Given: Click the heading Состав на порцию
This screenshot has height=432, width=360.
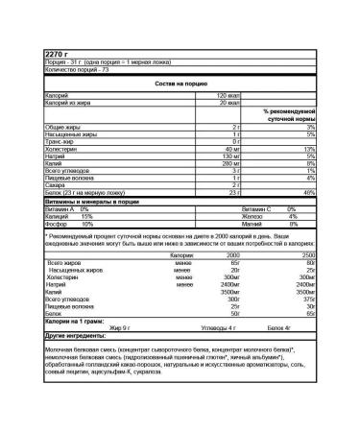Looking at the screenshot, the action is coord(180,84).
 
